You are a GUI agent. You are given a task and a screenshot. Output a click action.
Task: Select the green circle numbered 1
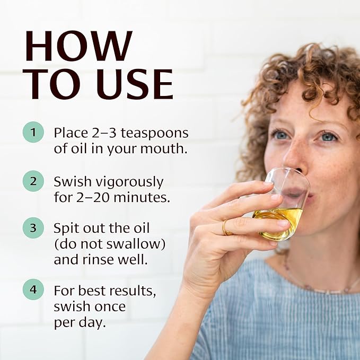click(x=33, y=132)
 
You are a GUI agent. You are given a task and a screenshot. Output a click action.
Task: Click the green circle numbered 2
click(x=33, y=181)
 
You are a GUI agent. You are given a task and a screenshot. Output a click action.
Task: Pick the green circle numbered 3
click(x=33, y=229)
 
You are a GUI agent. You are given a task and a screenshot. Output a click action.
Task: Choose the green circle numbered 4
click(x=33, y=290)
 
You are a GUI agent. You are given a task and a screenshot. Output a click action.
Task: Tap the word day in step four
click(x=94, y=323)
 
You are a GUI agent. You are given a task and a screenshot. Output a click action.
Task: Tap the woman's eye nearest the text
click(x=280, y=135)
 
